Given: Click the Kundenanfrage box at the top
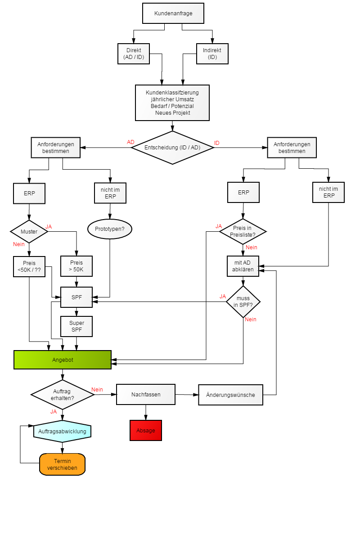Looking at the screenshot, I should (173, 13).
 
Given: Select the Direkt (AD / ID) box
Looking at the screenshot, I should (134, 54).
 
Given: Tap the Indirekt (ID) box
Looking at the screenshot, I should (212, 54).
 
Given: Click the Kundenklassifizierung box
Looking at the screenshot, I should (172, 103).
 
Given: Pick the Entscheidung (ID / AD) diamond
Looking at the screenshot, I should (172, 148).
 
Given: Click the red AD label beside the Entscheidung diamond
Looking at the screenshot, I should (130, 142).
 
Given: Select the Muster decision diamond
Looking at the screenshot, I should (29, 232).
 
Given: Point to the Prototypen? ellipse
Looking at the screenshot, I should (110, 229).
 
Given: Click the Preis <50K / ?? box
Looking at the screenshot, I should (29, 266).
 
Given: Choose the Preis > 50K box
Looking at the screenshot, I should (76, 266).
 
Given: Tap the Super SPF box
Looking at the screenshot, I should (76, 327).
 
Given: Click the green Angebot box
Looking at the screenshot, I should (63, 360).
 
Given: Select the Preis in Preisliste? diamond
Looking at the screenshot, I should (243, 232).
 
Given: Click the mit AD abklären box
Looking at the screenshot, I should (243, 266).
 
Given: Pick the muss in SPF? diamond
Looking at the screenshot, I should (243, 301).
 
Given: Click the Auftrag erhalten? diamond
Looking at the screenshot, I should (63, 395).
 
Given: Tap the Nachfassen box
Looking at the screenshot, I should (146, 395).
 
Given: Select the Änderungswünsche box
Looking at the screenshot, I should (230, 395).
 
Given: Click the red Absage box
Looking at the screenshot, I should (146, 431).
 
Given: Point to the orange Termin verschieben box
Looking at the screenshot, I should (62, 464).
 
